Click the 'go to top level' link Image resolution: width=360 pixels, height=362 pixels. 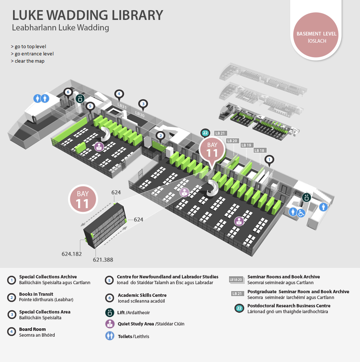28,47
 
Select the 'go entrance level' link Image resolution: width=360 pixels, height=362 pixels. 32,54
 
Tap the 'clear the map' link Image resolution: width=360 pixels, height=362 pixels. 28,61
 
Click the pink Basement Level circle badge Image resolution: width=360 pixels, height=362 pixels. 316,35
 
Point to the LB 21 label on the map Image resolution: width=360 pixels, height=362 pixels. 220,133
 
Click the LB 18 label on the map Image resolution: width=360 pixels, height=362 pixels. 259,151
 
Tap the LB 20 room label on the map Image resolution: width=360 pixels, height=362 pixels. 232,141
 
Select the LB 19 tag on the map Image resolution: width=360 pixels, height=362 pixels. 246,145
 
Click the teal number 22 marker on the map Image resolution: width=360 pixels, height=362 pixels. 205,133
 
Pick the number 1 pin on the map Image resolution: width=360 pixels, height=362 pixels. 269,160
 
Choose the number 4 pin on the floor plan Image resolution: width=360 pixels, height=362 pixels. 119,94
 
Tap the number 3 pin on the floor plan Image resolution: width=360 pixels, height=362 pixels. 143,104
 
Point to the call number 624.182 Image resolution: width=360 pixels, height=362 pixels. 72,254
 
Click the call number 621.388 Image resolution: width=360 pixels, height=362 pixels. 103,260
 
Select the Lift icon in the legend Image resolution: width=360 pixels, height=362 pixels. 110,313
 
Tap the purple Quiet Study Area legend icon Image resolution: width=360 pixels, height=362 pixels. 110,324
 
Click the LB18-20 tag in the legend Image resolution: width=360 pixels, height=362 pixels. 236,280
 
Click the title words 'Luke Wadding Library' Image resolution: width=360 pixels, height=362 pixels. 88,15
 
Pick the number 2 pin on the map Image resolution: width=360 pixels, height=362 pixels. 161,136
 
